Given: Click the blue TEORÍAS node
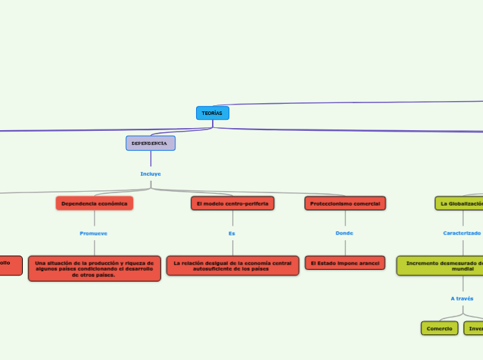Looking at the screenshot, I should tap(212, 113).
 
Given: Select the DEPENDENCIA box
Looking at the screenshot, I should tap(150, 143).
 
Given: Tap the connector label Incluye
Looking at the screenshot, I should tap(150, 174).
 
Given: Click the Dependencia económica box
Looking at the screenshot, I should tap(94, 204).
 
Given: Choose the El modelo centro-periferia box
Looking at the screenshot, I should tap(232, 204).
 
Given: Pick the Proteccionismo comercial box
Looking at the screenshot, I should tap(344, 204).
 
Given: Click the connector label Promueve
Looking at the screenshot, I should tap(94, 233).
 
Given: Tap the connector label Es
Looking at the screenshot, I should tap(231, 233).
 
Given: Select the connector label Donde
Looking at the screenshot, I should tap(344, 233).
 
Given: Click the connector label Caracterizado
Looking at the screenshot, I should tap(462, 233).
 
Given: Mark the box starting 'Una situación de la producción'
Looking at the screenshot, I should tap(94, 269).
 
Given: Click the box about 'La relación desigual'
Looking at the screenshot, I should tap(232, 266).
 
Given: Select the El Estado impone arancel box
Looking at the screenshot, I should tap(344, 263).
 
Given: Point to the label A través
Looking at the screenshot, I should tap(462, 298).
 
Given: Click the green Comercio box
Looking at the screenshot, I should tap(439, 328).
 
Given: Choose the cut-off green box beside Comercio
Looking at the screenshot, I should tap(474, 328).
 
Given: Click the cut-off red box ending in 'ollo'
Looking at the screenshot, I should tap(10, 265).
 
